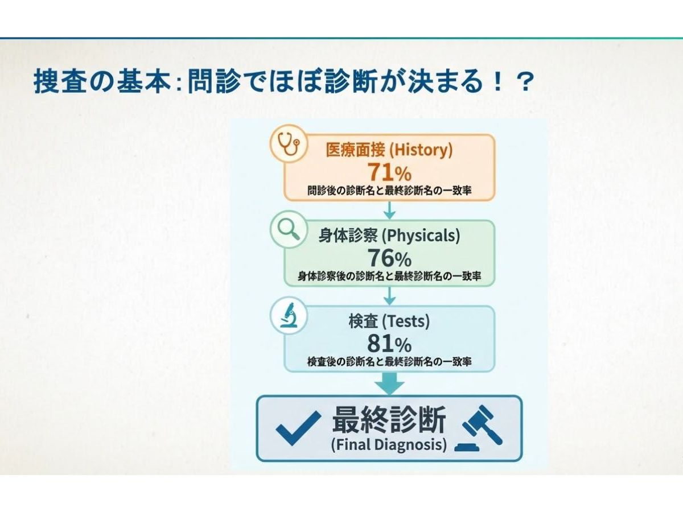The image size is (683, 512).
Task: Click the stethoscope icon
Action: (x=289, y=143)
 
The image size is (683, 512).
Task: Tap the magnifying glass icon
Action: (x=289, y=229)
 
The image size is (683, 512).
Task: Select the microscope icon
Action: (x=289, y=315)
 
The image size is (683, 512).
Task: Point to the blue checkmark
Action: (x=298, y=428)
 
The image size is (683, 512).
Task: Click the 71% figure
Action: (x=389, y=172)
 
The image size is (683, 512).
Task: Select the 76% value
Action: (x=389, y=258)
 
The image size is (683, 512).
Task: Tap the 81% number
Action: (x=389, y=344)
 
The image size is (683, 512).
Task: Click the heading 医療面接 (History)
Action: (x=389, y=150)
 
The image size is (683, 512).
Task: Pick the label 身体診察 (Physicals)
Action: (x=389, y=236)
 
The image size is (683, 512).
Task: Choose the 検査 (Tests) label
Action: (x=389, y=321)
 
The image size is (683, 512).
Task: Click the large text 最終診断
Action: (x=389, y=419)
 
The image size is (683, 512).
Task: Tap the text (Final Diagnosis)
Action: (x=389, y=444)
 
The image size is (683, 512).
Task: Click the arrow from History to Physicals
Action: (x=389, y=210)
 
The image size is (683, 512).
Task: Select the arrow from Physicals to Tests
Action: (x=389, y=296)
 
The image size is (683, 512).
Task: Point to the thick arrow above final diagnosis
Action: (x=389, y=384)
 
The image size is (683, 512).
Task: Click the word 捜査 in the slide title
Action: (x=61, y=81)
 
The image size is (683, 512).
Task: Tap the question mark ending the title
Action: (x=525, y=81)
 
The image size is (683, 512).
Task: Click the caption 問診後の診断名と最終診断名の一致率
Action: (x=389, y=190)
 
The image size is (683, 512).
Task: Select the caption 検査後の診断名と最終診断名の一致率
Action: (x=389, y=362)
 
